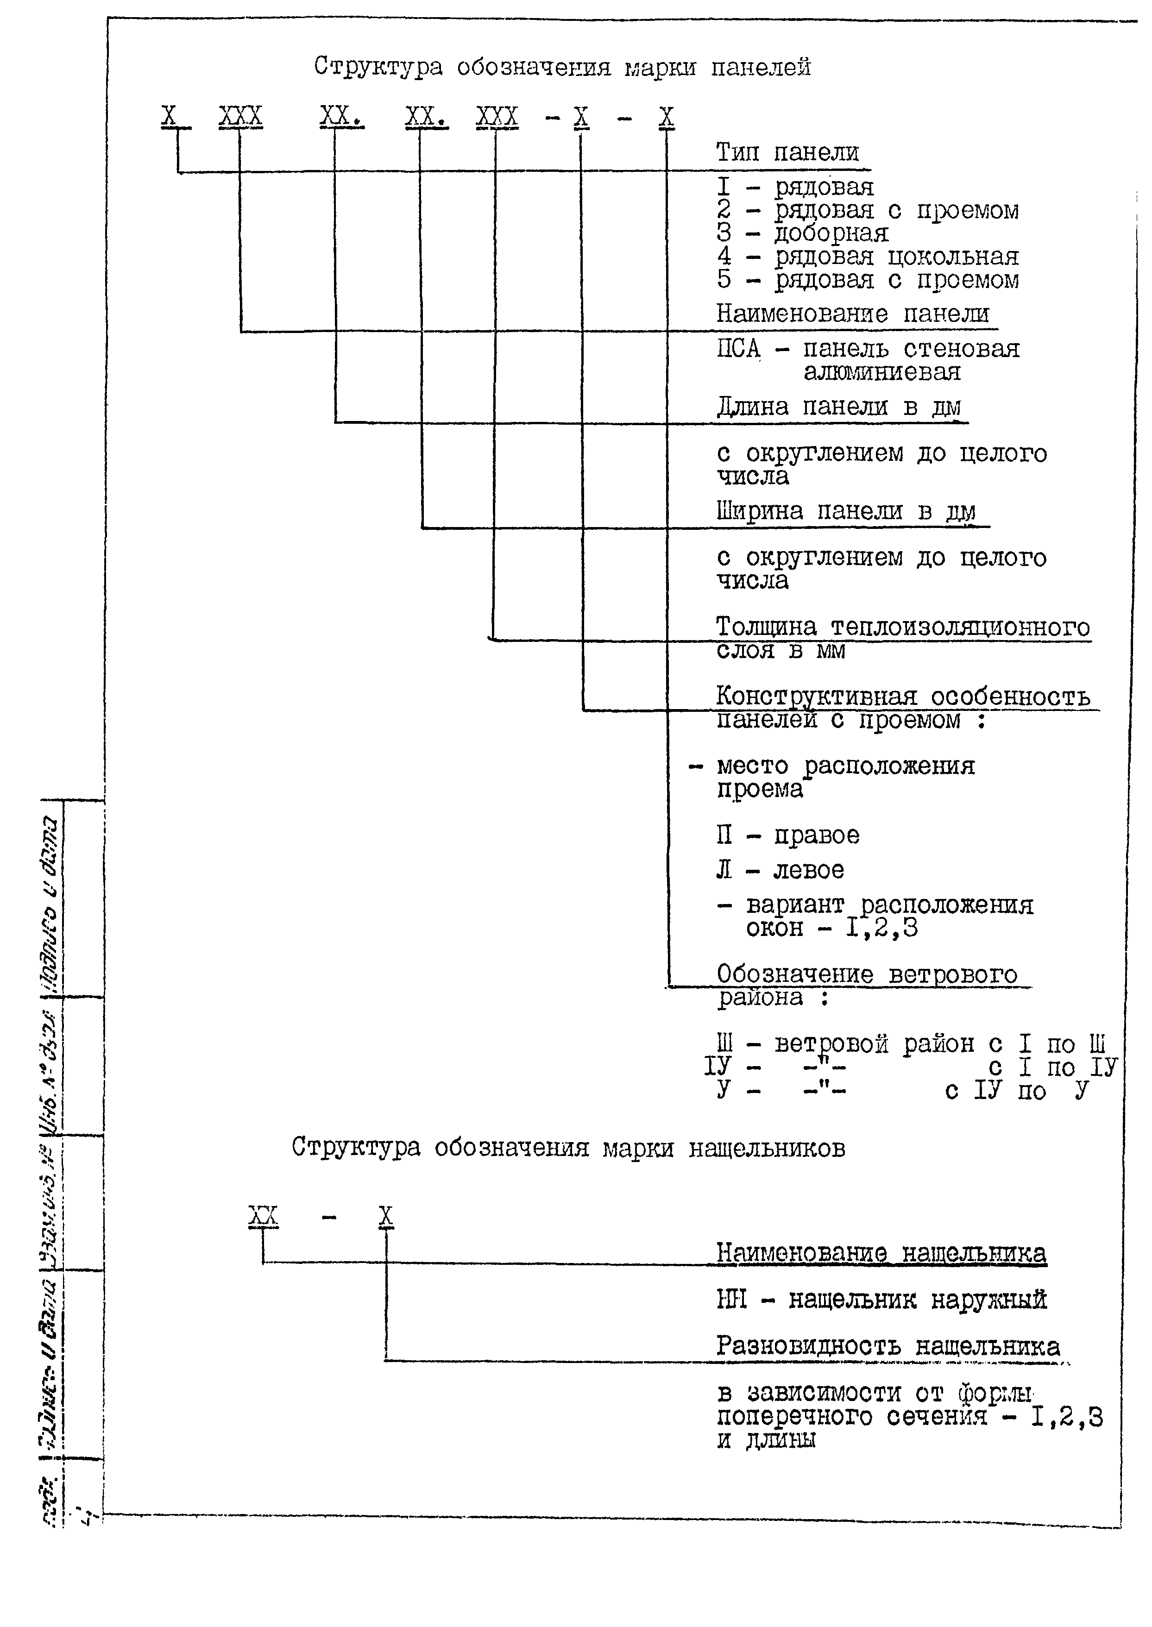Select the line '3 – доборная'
(x=801, y=232)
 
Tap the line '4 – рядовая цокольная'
(x=867, y=256)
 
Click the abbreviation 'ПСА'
(x=738, y=349)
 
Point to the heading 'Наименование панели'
(x=852, y=314)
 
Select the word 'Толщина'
(x=765, y=627)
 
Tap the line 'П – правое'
(x=787, y=835)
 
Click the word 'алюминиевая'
(x=882, y=371)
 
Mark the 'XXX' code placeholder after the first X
(x=240, y=116)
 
